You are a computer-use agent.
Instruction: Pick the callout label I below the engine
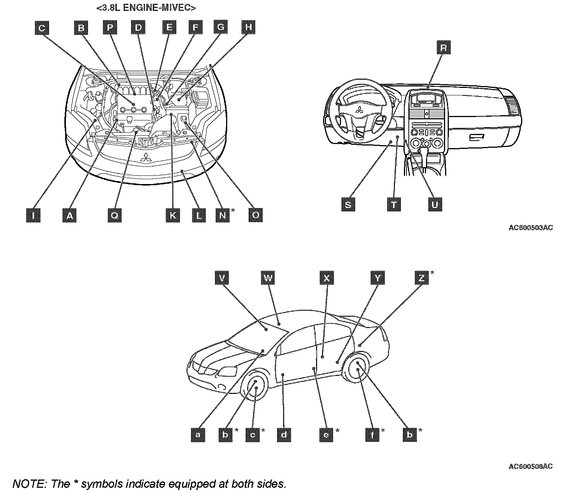tap(33, 215)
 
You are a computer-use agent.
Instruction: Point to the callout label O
tap(256, 215)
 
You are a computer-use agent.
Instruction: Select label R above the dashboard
tap(443, 48)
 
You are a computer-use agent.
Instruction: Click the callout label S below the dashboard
tap(349, 205)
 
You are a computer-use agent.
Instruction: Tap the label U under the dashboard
tap(435, 205)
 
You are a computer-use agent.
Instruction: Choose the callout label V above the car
tap(222, 278)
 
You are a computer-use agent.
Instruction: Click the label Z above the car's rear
tap(422, 278)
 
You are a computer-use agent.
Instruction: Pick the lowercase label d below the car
tap(284, 435)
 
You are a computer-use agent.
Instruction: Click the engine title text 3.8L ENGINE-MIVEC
tap(146, 7)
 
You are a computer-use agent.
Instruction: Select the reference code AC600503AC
tap(530, 227)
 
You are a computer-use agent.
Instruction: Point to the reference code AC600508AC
tap(530, 466)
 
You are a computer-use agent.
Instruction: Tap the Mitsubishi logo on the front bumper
tap(145, 158)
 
